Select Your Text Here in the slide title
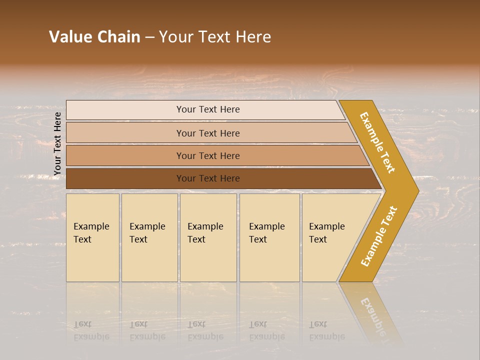(x=215, y=37)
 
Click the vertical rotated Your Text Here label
(x=57, y=144)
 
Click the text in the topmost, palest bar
(x=208, y=109)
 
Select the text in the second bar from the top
(x=208, y=133)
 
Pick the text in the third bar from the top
(x=208, y=156)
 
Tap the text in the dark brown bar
(x=208, y=178)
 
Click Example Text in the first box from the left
(x=91, y=233)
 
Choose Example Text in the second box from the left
(x=147, y=233)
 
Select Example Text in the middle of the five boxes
(x=205, y=233)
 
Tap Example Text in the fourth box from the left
(x=266, y=233)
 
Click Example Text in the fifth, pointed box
(x=326, y=233)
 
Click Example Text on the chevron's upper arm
(x=377, y=142)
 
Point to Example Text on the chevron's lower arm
(x=378, y=236)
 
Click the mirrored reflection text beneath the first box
(x=91, y=330)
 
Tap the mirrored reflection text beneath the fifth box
(x=326, y=330)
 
